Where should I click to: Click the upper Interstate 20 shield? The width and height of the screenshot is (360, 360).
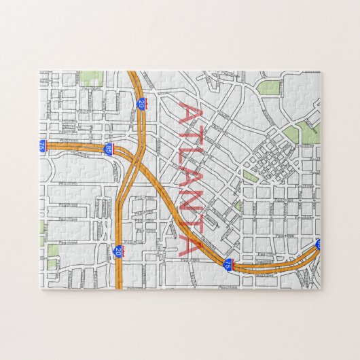pos(141,103)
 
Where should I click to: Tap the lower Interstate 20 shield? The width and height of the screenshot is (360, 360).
pos(118,252)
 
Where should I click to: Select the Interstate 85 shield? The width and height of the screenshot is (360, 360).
pos(108,148)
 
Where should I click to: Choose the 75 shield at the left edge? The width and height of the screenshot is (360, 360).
pos(42,145)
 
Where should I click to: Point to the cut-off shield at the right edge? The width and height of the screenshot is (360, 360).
pos(318,243)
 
